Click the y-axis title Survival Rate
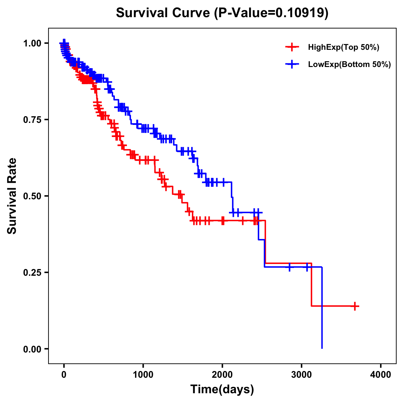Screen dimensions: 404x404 coord(12,196)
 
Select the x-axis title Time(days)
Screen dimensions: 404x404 coord(222,389)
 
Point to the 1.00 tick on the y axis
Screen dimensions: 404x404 coord(32,43)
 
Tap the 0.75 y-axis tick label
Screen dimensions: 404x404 coord(32,120)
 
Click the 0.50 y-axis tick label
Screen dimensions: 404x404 coord(32,196)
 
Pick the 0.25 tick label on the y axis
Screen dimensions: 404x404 coord(32,272)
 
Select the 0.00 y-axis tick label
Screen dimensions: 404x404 coord(32,349)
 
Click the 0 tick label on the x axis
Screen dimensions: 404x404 coord(64,375)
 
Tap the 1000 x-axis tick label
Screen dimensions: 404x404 coord(143,375)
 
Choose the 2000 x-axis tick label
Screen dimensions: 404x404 coord(222,375)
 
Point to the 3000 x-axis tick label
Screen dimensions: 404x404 coord(302,375)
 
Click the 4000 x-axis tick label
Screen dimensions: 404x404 coord(381,375)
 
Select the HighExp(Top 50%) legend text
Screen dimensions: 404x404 coord(344,47)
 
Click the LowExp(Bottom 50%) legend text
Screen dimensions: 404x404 coord(349,64)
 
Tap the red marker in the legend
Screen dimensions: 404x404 coord(292,47)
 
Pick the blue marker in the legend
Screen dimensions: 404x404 coord(292,64)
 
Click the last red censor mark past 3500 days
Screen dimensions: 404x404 coord(355,306)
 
